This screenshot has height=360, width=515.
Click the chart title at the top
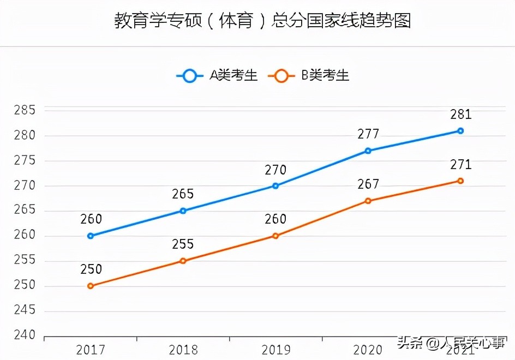tap(262, 21)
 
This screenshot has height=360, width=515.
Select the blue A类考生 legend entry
tap(217, 76)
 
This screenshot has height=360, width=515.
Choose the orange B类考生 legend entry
tap(308, 76)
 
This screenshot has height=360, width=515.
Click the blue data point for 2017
tap(91, 236)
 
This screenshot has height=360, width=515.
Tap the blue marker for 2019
tap(276, 186)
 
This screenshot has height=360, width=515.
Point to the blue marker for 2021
tap(460, 131)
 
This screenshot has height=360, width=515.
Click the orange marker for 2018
tap(183, 261)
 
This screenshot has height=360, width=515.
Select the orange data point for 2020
tap(368, 201)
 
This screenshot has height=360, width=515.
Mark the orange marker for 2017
tap(91, 286)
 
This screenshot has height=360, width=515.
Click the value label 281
tap(460, 115)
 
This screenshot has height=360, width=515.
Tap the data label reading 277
tap(368, 134)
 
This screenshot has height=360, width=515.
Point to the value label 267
tap(368, 184)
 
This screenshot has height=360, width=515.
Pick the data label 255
tap(183, 244)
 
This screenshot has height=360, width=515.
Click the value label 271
tap(460, 165)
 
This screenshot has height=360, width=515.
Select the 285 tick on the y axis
tap(25, 111)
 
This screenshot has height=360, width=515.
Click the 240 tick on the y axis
tap(25, 335)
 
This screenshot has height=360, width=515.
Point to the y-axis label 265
tap(25, 211)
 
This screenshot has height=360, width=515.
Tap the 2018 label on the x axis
tap(183, 349)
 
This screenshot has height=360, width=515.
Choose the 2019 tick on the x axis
tap(276, 349)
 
